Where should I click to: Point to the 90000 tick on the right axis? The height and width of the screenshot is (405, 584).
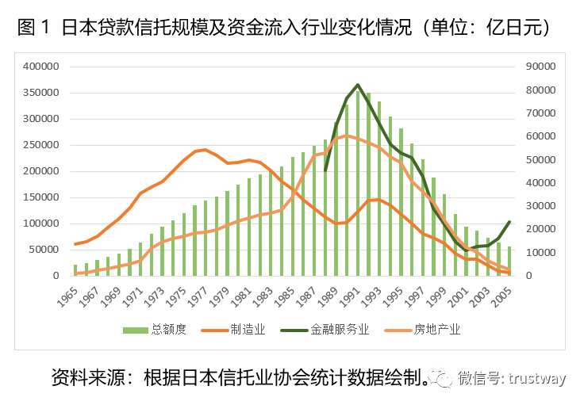pos(538,67)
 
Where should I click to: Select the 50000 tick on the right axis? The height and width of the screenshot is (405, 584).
pos(538,160)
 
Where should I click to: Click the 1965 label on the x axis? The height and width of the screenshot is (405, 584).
pos(70,298)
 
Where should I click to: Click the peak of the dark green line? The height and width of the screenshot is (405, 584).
pos(358,85)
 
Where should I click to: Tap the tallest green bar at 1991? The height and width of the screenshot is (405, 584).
pos(357,182)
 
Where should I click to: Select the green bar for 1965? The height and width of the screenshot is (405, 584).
pos(75,270)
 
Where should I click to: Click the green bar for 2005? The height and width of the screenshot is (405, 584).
pos(509,261)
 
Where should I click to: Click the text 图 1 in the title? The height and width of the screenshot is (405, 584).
pos(33,28)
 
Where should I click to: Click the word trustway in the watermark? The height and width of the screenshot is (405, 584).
pos(537,378)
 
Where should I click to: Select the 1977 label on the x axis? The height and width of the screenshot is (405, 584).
pos(200,298)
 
